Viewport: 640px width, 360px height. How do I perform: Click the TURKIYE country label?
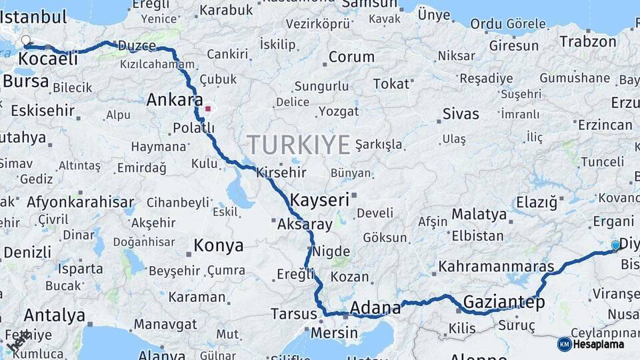299,145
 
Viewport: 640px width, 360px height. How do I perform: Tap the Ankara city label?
174,100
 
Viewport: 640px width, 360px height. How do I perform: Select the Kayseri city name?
319,199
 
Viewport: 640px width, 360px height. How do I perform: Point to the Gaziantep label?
504,301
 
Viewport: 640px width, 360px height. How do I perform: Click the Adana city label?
375,307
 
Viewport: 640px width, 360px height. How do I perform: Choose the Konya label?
218,246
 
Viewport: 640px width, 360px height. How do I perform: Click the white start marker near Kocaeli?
26,41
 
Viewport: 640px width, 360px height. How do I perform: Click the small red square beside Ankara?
208,108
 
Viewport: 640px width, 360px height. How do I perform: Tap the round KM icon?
564,344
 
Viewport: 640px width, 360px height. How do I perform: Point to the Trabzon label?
588,41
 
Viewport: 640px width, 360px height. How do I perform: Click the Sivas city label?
461,114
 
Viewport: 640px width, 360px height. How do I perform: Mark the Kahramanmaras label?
496,267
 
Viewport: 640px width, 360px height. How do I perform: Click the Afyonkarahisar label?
80,202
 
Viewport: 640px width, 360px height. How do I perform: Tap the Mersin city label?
335,332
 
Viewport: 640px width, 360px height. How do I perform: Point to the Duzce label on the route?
137,46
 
